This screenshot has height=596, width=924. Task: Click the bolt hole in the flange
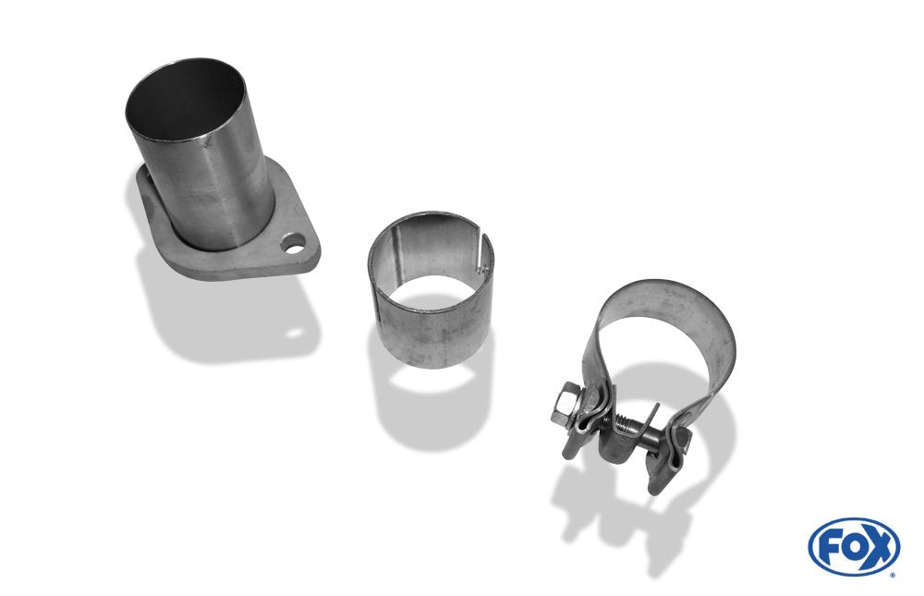click(293, 243)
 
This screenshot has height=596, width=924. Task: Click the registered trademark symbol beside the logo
click(894, 574)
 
